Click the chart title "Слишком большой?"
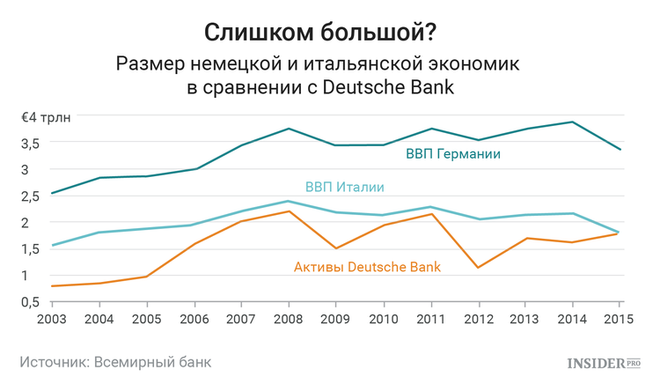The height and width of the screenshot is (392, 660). [330, 32]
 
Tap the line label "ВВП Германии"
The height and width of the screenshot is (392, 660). [453, 154]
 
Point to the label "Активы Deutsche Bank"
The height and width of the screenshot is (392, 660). [366, 265]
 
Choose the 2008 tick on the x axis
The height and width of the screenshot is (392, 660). [289, 317]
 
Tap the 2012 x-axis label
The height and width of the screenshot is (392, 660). [478, 317]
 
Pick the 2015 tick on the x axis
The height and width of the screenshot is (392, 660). [619, 317]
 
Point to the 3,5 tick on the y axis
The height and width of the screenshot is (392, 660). [33, 144]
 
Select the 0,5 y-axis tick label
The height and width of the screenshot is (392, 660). [33, 302]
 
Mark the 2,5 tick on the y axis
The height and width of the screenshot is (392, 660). [33, 196]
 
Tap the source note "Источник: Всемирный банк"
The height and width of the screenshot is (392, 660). [115, 362]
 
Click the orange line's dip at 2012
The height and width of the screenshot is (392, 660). [478, 267]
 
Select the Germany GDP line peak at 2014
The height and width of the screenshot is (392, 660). [572, 122]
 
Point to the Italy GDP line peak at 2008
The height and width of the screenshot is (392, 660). [289, 201]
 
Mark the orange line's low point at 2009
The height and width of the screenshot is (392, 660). [336, 248]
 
